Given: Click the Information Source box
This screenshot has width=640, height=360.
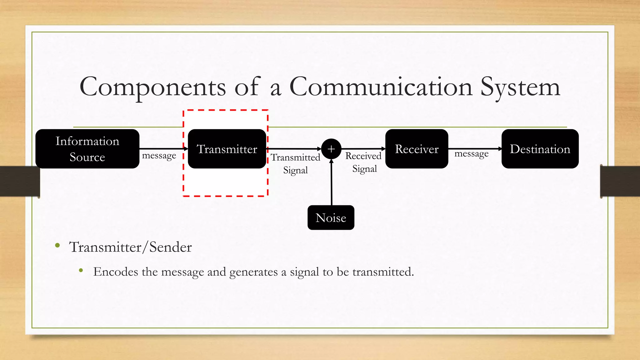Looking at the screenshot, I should click(x=87, y=149).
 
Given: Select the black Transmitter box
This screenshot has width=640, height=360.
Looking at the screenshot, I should click(x=227, y=149).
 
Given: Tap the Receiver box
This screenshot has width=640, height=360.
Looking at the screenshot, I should click(x=417, y=149).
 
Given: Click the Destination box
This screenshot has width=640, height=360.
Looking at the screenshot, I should click(x=540, y=149).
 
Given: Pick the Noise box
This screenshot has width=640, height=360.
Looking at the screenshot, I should click(x=331, y=217).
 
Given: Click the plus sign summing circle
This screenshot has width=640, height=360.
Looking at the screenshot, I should click(x=331, y=149).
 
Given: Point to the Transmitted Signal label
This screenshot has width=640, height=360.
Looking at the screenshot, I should click(x=295, y=163).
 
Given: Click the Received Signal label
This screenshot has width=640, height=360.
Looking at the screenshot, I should click(x=364, y=162).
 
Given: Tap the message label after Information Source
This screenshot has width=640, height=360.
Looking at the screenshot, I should click(x=159, y=155).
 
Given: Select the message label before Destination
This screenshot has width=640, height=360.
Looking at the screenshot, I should click(x=471, y=154).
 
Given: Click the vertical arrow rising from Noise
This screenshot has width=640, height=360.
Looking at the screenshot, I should click(x=332, y=184).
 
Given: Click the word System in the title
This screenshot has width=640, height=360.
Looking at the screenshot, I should click(x=520, y=87).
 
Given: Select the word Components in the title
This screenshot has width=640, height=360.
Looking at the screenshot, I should click(x=152, y=87).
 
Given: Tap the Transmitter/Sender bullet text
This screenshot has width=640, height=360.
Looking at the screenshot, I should click(x=130, y=247).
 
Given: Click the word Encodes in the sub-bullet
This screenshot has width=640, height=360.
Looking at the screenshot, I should click(x=116, y=272).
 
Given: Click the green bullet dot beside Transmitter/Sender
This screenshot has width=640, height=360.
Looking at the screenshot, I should click(x=57, y=246).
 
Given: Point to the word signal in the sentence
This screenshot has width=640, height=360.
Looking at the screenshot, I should click(x=304, y=272).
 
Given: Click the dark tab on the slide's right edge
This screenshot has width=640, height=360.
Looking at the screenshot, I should click(x=620, y=181).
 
